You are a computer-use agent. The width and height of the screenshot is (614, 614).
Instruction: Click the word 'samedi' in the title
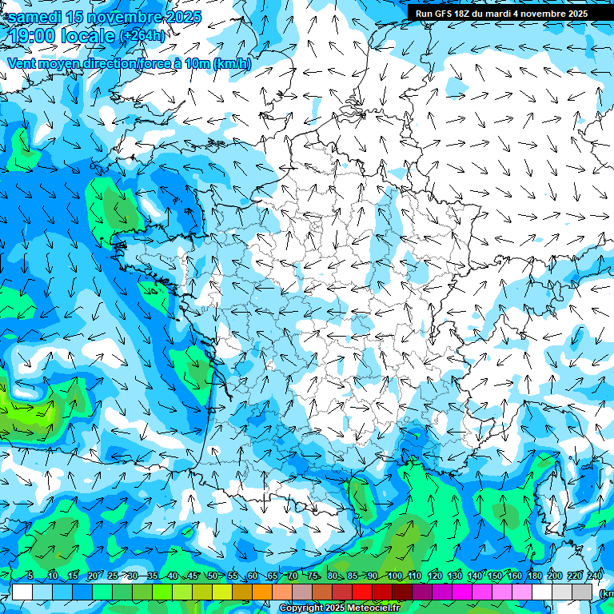point(35,17)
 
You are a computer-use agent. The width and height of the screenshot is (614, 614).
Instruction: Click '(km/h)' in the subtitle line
point(233,64)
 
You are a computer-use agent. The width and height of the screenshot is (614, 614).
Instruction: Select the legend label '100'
point(394,576)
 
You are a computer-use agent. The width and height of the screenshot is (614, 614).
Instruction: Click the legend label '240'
point(595,576)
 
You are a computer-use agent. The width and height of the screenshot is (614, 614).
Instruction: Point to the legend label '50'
point(213,576)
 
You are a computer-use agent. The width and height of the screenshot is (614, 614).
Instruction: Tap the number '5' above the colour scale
point(30,576)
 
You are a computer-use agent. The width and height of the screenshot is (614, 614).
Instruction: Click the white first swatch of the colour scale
point(22,592)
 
